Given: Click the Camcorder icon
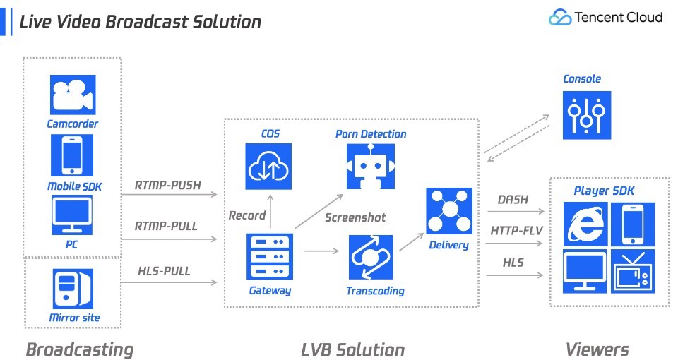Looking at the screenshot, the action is [73, 95].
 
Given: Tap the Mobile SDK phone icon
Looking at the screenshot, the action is [72, 155].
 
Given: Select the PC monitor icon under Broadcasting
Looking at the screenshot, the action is [72, 215].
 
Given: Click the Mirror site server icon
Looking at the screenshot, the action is [73, 289].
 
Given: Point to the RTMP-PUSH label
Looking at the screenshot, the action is [168, 185].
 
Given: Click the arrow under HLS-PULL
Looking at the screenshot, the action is [169, 282].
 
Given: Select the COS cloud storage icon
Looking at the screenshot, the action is [268, 167].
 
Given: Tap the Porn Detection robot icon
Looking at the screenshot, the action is [371, 167].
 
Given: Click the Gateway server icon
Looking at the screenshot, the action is [269, 256].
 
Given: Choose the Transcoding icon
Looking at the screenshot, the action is [371, 257].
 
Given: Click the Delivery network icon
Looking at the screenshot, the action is [449, 211].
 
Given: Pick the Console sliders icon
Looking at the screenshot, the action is [587, 115].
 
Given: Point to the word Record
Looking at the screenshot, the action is [247, 215].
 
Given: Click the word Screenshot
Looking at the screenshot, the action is [355, 217].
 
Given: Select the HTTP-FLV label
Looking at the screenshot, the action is [516, 231].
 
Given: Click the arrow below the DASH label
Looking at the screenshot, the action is [516, 211].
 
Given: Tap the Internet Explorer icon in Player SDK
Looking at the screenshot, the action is [585, 224].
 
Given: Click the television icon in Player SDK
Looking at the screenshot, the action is [633, 271].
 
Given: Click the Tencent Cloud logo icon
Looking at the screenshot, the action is [560, 17].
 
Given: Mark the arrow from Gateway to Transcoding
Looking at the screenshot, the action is [322, 251].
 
